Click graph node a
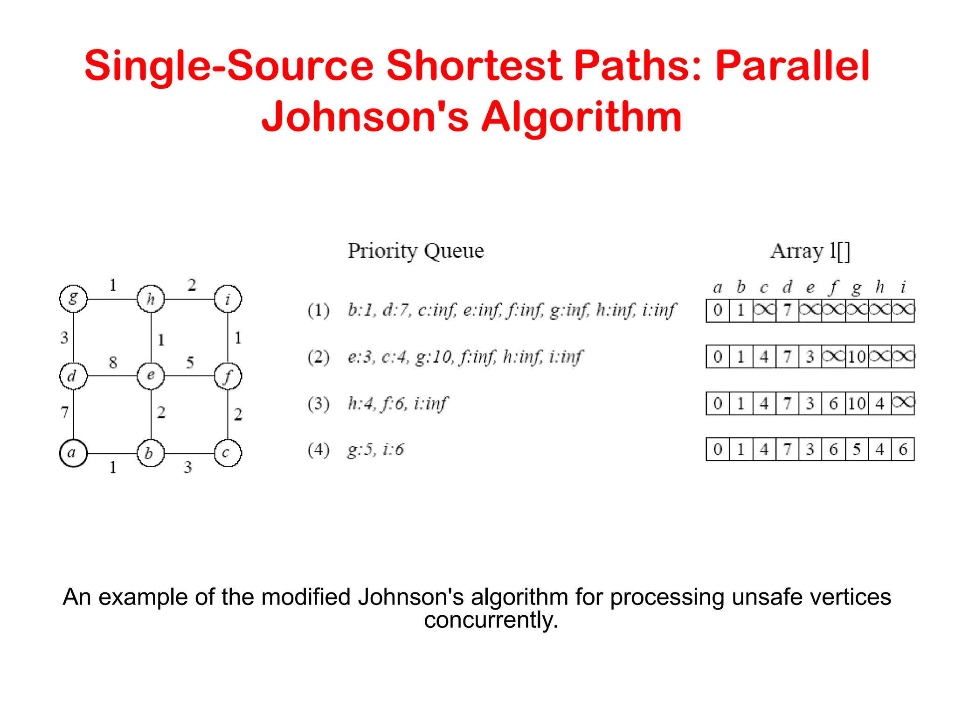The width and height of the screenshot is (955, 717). point(73,453)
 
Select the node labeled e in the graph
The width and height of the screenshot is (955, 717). point(151,376)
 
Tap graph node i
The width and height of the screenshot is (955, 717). point(228,299)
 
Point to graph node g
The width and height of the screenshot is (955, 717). point(73,298)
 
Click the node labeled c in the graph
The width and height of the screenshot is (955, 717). point(228,453)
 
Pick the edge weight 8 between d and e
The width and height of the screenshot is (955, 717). point(113,362)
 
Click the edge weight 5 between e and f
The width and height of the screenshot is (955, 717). point(190,362)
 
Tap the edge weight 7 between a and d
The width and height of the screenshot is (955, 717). point(65,412)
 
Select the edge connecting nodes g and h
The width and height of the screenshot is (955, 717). point(112,299)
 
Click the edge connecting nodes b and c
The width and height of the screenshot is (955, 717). point(189,453)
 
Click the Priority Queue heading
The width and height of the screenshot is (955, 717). point(415,251)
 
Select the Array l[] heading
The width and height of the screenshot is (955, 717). point(810,251)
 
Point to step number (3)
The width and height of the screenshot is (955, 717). point(318,403)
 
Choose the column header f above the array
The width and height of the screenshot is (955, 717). point(833,287)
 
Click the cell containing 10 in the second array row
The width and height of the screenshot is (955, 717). point(857,357)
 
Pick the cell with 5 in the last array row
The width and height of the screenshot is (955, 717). point(857,450)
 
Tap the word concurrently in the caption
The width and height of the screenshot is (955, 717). point(491,620)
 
